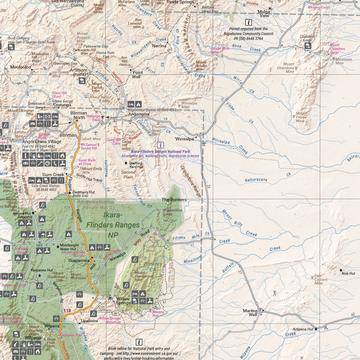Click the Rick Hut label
coord(346,272)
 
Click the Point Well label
coord(138,74)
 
